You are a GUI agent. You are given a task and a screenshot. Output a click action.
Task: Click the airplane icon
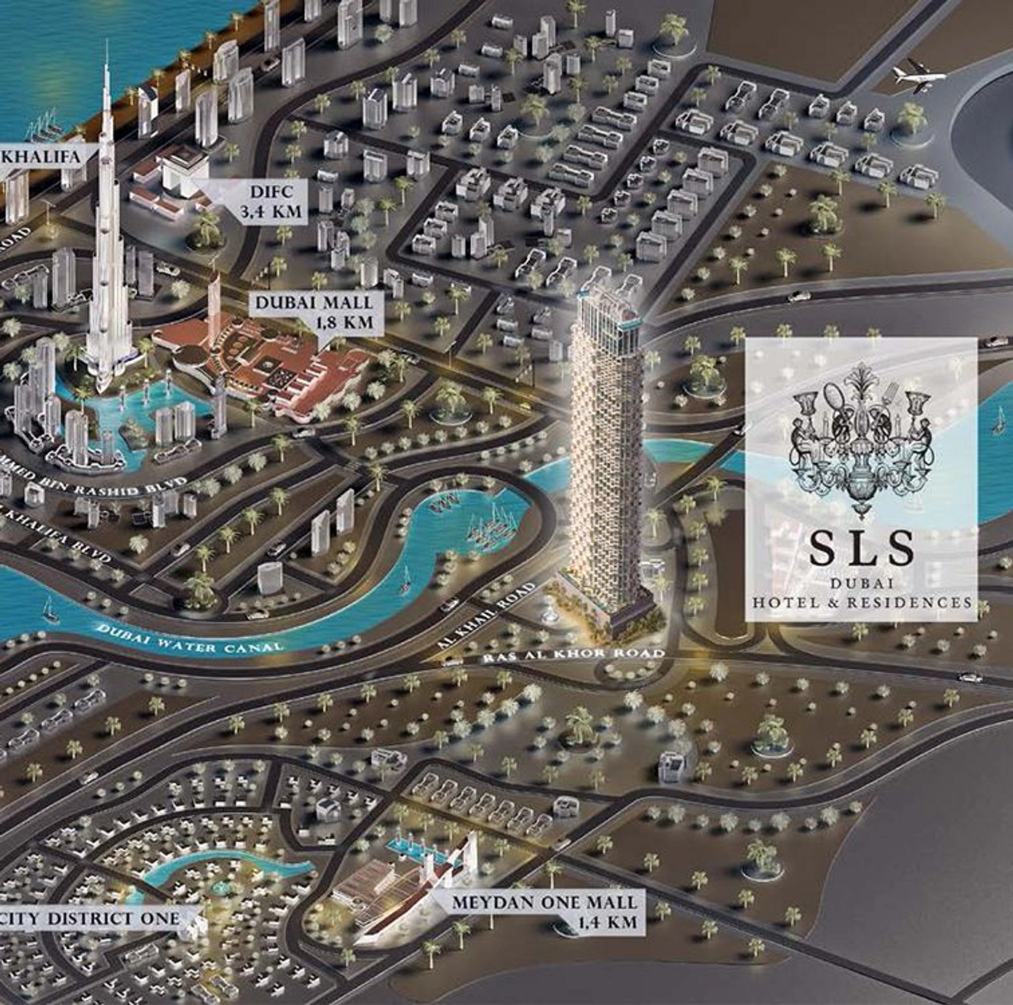tap(918, 78)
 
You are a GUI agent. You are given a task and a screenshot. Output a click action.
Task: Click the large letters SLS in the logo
tap(862, 549)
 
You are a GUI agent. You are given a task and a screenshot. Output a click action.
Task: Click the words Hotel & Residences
tap(862, 603)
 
